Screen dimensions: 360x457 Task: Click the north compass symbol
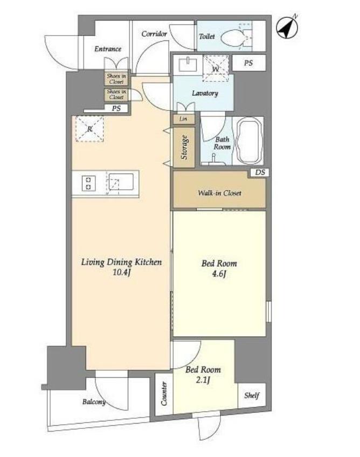pyautogui.click(x=287, y=28)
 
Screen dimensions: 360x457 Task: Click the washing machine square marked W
pyautogui.click(x=216, y=68)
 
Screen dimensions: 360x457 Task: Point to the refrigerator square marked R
pyautogui.click(x=89, y=129)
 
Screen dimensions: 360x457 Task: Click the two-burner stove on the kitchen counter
pyautogui.click(x=88, y=183)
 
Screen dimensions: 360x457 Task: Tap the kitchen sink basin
pyautogui.click(x=121, y=183)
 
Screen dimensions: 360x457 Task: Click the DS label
pyautogui.click(x=260, y=172)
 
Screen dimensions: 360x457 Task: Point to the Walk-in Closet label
pyautogui.click(x=219, y=193)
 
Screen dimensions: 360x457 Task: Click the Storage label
pyautogui.click(x=184, y=147)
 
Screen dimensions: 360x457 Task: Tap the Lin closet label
pyautogui.click(x=183, y=119)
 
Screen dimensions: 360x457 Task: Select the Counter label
pyautogui.click(x=164, y=394)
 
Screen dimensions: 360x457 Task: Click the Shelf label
pyautogui.click(x=252, y=395)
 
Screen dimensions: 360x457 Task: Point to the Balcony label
pyautogui.click(x=94, y=402)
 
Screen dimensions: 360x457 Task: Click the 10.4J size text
pyautogui.click(x=121, y=273)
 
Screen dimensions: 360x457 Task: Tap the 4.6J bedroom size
pyautogui.click(x=219, y=274)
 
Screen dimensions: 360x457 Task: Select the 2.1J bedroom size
pyautogui.click(x=203, y=380)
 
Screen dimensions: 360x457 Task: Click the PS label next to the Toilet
pyautogui.click(x=248, y=63)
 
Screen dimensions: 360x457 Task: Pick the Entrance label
pyautogui.click(x=108, y=49)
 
